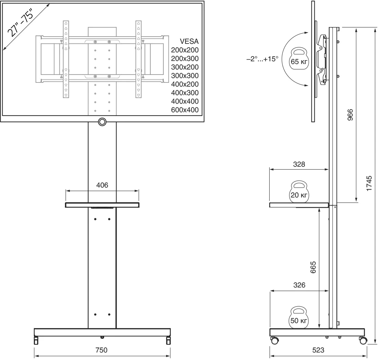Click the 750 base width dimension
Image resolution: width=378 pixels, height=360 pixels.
pos(101,350)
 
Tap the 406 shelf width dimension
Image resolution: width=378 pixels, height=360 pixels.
pos(102,185)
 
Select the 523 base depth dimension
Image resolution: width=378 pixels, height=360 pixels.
pos(318,350)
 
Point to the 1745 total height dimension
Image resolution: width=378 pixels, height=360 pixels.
pos(369,183)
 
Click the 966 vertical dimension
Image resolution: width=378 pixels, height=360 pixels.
pos(350,115)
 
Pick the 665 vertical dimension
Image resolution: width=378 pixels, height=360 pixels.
pos(313,267)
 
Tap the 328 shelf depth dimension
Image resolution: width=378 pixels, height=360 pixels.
pos(299,164)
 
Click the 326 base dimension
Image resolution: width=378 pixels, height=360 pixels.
pos(299,285)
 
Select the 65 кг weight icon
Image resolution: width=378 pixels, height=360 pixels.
pos(299,59)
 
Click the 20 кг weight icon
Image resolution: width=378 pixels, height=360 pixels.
pos(299,192)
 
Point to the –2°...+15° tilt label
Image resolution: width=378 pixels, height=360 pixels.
pos(262,59)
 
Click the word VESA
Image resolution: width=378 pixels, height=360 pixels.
pos(189,41)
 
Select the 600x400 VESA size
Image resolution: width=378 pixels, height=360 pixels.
pos(185,110)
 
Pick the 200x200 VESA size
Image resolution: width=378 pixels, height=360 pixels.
pos(185,50)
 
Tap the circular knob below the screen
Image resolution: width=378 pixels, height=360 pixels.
pos(102,122)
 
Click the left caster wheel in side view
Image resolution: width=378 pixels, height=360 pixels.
pos(274,341)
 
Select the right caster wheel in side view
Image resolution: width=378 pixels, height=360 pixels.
pos(363,341)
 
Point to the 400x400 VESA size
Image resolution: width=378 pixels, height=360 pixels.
pos(185,101)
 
